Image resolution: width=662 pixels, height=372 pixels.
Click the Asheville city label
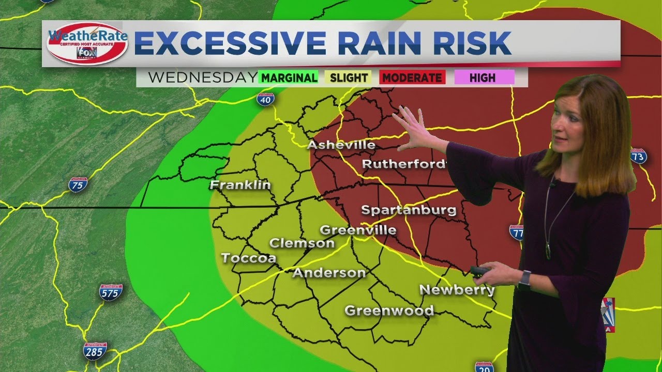coord(341,145)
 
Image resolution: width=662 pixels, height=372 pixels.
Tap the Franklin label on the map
coord(240,185)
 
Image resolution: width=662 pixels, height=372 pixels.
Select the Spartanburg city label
coord(409,210)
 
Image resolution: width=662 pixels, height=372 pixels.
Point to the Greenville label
coord(358,230)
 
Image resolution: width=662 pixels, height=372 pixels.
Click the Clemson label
coord(302,243)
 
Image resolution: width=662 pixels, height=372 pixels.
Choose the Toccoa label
coord(248,258)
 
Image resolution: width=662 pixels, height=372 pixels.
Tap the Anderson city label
coord(329,273)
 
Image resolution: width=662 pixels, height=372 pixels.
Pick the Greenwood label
coord(389,311)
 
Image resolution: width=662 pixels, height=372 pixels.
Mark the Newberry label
coord(457,290)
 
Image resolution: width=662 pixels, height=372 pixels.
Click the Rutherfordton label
coord(404,164)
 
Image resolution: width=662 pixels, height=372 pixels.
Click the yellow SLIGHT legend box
coord(349,78)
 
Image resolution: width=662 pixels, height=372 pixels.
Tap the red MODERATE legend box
coord(412,78)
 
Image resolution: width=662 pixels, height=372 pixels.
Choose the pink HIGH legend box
coord(484,78)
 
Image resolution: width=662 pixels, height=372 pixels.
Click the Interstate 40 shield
coord(265,99)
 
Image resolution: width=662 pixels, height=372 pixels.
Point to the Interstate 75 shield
coord(78,184)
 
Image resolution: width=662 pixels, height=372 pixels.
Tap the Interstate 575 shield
coord(111,292)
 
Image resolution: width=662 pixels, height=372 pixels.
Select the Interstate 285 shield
coord(95,351)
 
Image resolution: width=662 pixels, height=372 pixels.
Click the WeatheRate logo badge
coord(87,43)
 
